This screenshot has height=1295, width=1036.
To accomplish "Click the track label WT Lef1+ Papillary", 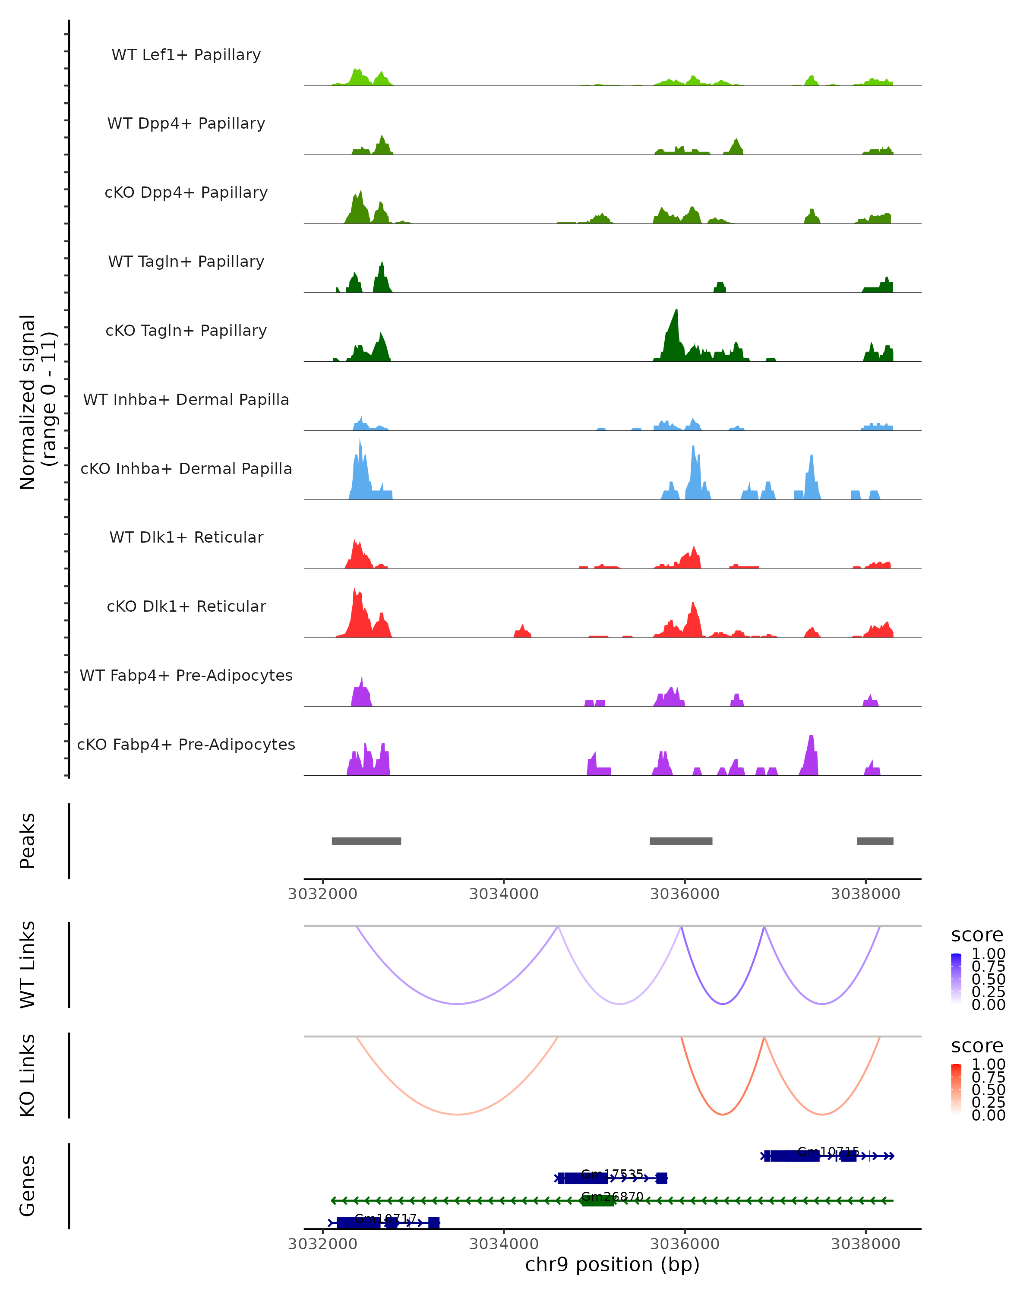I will coord(186,55).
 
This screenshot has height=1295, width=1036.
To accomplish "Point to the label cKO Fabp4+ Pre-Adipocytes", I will coord(186,744).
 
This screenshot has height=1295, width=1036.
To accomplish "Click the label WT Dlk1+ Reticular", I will coord(186,537).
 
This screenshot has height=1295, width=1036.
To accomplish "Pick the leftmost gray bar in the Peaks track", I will coord(366,841).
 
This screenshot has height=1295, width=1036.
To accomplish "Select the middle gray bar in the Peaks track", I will coord(681,841).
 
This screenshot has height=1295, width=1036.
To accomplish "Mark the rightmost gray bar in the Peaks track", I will coord(875,841).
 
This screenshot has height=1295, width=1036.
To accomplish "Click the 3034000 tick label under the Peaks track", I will coord(503,894).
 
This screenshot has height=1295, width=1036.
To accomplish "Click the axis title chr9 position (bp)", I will coord(612,1264).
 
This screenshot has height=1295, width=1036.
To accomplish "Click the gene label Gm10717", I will coord(385,1218).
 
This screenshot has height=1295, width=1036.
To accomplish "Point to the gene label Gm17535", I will coord(612,1174).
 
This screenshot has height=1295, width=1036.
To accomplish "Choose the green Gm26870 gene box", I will coord(597,1200).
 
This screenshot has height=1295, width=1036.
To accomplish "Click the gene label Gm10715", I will coord(828,1151).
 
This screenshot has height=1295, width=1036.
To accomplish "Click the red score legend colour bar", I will coord(957,1089).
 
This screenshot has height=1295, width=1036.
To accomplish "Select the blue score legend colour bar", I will coord(957,979).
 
